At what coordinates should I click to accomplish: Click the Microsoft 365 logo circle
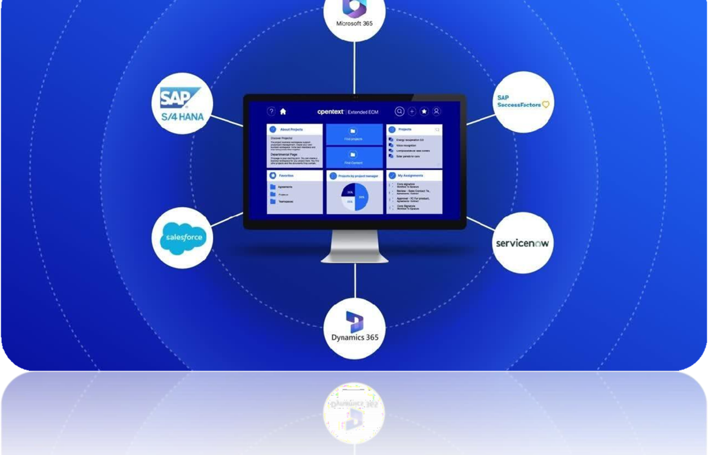click(x=355, y=15)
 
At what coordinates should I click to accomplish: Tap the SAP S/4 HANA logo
click(x=182, y=103)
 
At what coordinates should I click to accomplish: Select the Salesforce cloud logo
click(x=182, y=237)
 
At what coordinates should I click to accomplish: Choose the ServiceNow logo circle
click(x=522, y=243)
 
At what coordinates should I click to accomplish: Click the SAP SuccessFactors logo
click(x=523, y=102)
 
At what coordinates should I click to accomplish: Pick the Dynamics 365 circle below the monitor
click(x=355, y=329)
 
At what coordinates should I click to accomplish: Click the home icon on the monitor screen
click(x=283, y=111)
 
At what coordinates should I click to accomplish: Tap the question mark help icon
click(x=271, y=111)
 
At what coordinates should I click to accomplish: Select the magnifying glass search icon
click(x=399, y=111)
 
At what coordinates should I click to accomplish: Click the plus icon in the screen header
click(x=412, y=111)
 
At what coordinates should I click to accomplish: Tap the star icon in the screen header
click(x=424, y=111)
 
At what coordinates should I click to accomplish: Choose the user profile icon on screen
click(x=436, y=111)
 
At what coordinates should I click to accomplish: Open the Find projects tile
click(x=354, y=134)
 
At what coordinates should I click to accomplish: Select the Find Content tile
click(x=354, y=157)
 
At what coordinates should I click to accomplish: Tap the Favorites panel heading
click(x=286, y=175)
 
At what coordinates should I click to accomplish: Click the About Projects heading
click(x=291, y=129)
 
